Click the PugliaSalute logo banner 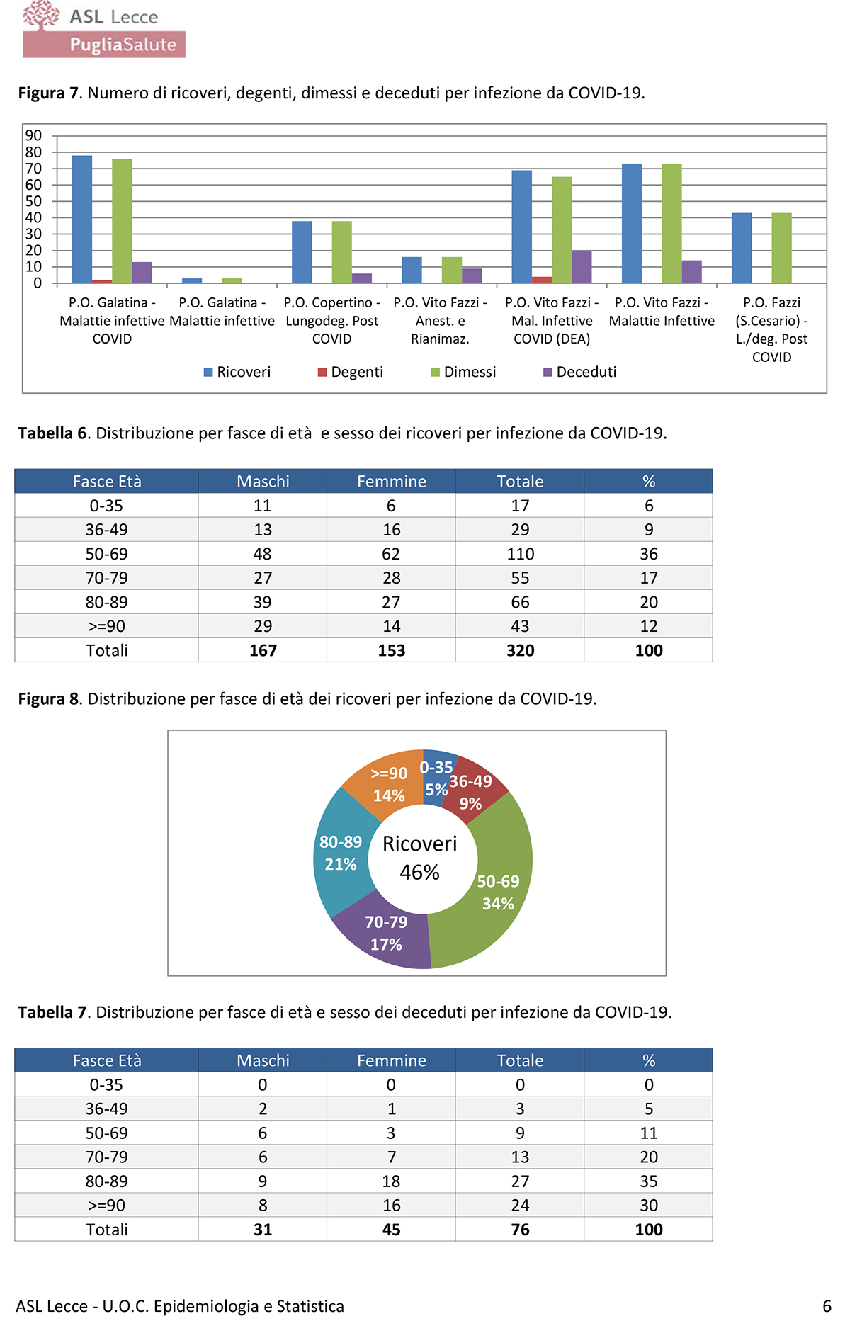click(x=104, y=44)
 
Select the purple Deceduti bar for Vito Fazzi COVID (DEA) click(x=582, y=267)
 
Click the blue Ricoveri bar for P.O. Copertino click(x=302, y=252)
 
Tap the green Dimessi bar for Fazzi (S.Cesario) click(x=781, y=248)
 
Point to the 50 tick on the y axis click(x=33, y=201)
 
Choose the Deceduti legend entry click(x=580, y=372)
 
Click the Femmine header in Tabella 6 click(x=391, y=482)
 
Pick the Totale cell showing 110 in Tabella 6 click(x=520, y=554)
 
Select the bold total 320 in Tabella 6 click(x=520, y=650)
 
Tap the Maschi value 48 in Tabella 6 click(x=263, y=554)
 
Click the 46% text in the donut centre click(x=419, y=873)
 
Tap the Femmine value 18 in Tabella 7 click(x=391, y=1181)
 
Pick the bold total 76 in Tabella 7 click(x=520, y=1230)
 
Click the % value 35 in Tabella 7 click(x=649, y=1181)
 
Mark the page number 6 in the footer click(x=827, y=1306)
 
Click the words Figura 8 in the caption click(x=49, y=699)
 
